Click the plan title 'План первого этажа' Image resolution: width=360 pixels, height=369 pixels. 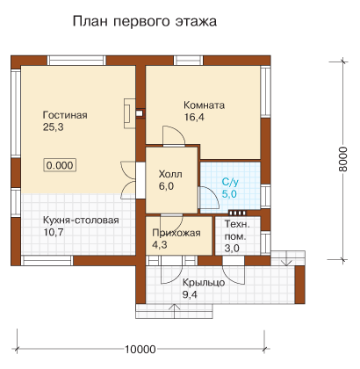point(145,22)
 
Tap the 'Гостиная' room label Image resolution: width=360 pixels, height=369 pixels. point(65,115)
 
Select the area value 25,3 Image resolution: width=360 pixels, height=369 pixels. point(54,127)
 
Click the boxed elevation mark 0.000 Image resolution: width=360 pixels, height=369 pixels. point(60,165)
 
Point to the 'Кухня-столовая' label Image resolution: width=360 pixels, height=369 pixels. point(81,220)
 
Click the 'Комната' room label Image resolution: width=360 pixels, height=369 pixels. point(205,105)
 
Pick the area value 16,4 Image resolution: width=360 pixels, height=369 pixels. point(194,117)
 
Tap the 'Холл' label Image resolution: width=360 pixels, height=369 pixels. point(170,174)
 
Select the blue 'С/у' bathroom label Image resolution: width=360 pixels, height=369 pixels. point(230,182)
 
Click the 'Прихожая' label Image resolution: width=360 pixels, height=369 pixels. point(176,233)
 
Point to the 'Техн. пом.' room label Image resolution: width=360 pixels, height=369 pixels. point(237,230)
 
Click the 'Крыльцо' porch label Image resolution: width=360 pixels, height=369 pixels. point(204,283)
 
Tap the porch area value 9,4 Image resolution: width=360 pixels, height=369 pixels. point(190,294)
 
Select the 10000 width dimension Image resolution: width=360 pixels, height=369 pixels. point(140,349)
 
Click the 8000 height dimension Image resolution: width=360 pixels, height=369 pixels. point(342,159)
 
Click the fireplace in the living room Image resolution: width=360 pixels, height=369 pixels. point(130,113)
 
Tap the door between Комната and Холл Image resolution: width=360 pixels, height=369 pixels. point(174,135)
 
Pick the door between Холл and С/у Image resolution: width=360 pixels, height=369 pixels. point(208,198)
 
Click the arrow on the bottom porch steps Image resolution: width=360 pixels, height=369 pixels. point(175,311)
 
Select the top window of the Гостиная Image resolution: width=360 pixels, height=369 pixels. point(76,61)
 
